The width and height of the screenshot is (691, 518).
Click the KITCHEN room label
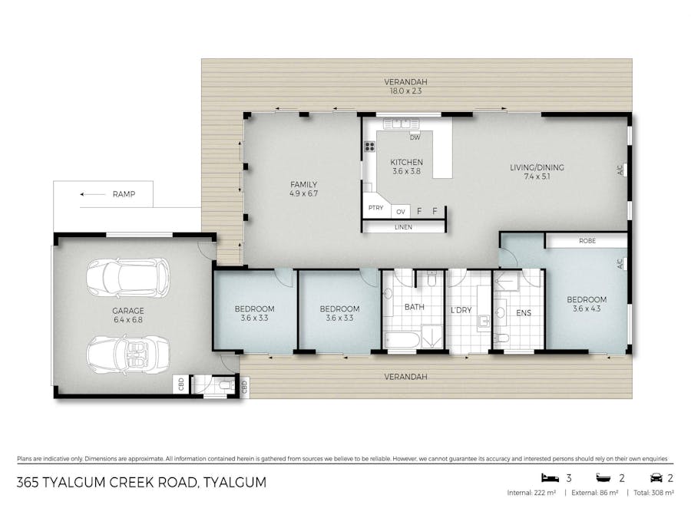[406, 163]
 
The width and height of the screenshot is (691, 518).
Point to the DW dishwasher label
[415, 138]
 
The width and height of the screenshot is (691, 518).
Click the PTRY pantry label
[375, 208]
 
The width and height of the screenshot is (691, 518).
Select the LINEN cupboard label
[403, 227]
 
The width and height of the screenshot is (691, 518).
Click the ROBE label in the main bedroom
[587, 241]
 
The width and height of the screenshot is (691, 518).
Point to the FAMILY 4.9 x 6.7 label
[303, 189]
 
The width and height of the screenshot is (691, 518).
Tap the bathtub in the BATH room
[403, 338]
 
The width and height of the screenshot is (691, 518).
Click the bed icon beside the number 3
[547, 477]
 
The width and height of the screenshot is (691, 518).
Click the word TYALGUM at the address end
[234, 483]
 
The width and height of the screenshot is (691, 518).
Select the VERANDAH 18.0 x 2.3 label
[406, 86]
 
